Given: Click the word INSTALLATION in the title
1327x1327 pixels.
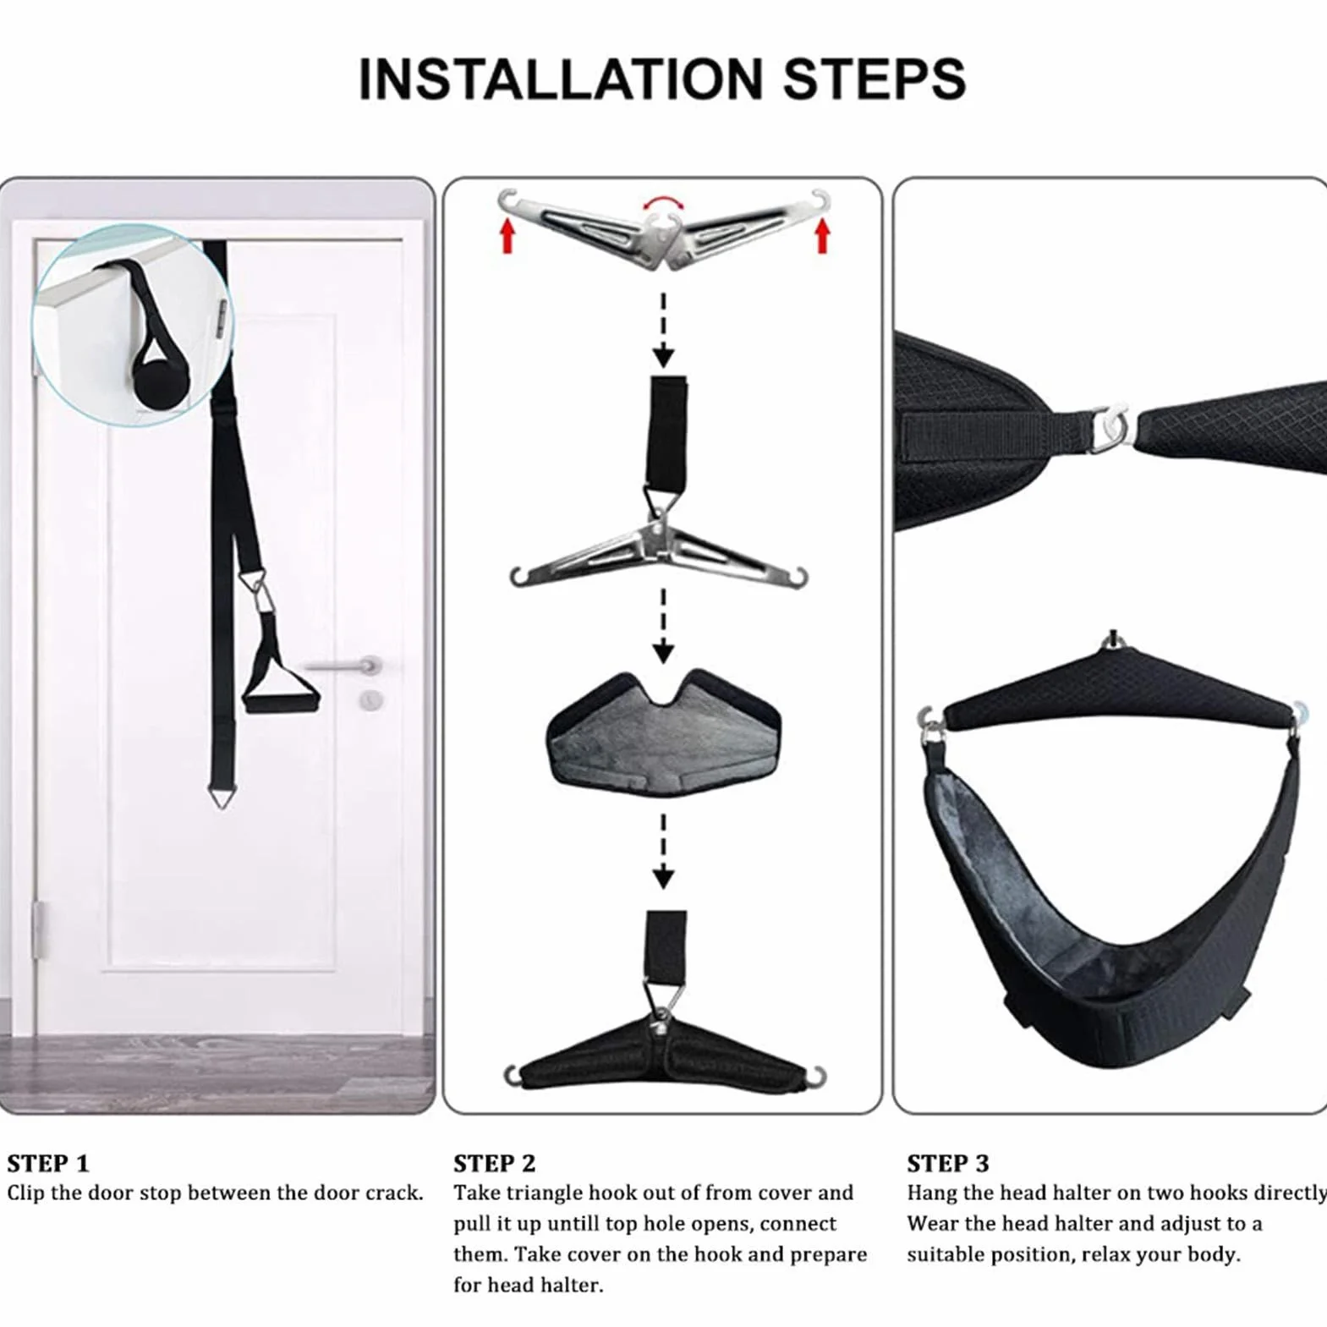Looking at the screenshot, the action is [561, 79].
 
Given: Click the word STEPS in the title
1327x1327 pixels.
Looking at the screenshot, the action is [874, 79].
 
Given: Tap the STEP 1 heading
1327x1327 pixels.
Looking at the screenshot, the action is [47, 1164].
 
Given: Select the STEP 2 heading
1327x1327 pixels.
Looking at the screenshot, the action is [494, 1164].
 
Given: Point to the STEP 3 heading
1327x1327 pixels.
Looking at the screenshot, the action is [947, 1164].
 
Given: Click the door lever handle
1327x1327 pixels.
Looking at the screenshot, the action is [343, 666].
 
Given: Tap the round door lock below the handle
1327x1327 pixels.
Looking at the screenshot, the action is [370, 699].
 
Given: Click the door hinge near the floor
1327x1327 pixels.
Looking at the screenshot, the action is [37, 929].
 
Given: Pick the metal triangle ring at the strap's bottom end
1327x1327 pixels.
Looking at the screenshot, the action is [221, 795].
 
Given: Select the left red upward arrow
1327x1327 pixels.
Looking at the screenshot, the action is [507, 235].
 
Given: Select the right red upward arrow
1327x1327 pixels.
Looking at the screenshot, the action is [821, 235].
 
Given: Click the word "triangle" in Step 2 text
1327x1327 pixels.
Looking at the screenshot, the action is [542, 1193].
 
